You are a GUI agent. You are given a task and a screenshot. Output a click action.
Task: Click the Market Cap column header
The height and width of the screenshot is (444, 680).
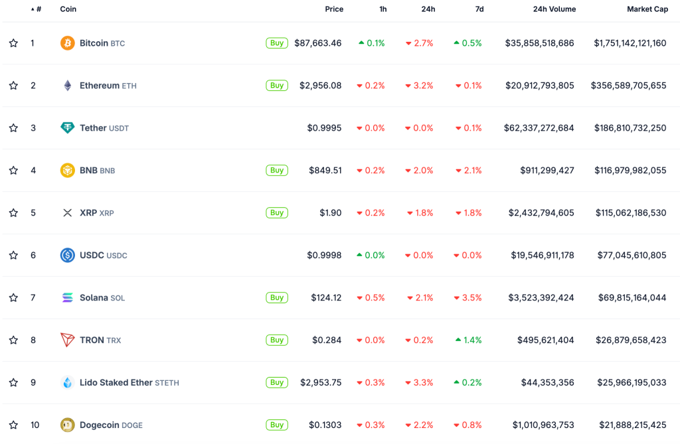(647, 9)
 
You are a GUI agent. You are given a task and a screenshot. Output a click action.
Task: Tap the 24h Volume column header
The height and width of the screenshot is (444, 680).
(554, 9)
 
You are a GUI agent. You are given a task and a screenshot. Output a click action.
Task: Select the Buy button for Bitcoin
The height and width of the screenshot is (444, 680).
(277, 43)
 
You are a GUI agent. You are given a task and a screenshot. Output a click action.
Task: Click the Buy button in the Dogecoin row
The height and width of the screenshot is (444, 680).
(277, 425)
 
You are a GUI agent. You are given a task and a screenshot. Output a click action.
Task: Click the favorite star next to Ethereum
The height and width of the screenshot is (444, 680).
(13, 86)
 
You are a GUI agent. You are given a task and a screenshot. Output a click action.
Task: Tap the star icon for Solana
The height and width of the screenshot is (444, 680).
(13, 298)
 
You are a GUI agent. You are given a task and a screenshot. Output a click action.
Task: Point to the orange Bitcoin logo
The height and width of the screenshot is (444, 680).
(68, 43)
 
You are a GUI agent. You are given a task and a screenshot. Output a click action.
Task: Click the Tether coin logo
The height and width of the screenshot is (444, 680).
(68, 128)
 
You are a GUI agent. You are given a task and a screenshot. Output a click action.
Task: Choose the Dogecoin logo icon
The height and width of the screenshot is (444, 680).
(68, 425)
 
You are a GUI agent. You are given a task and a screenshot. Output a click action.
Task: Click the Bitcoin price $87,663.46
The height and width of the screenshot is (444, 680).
(318, 43)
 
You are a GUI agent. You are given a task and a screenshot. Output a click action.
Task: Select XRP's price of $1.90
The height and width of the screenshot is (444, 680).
(331, 213)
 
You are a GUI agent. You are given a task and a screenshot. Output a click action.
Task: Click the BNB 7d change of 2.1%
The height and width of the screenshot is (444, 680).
(469, 171)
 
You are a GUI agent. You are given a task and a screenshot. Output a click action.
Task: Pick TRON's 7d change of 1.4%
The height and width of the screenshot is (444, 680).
(469, 340)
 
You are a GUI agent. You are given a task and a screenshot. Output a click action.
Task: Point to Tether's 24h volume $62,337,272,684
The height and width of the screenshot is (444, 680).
(539, 128)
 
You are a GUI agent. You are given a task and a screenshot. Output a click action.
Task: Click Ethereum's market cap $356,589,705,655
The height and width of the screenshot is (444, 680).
(628, 86)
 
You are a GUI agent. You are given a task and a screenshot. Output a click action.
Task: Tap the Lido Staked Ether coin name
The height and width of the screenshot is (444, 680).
(117, 383)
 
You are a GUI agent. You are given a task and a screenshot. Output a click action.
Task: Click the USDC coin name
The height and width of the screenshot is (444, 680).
(92, 256)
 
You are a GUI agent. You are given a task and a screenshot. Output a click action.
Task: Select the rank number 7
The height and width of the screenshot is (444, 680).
(33, 298)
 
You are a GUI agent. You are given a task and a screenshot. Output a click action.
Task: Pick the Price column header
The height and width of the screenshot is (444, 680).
(334, 9)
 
